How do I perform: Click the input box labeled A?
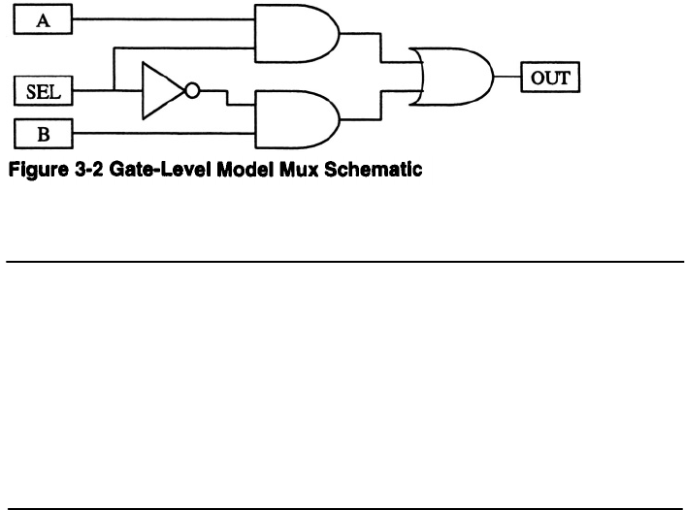44,18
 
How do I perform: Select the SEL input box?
44,92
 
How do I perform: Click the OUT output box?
550,75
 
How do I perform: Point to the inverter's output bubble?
193,92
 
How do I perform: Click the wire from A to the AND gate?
165,18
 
